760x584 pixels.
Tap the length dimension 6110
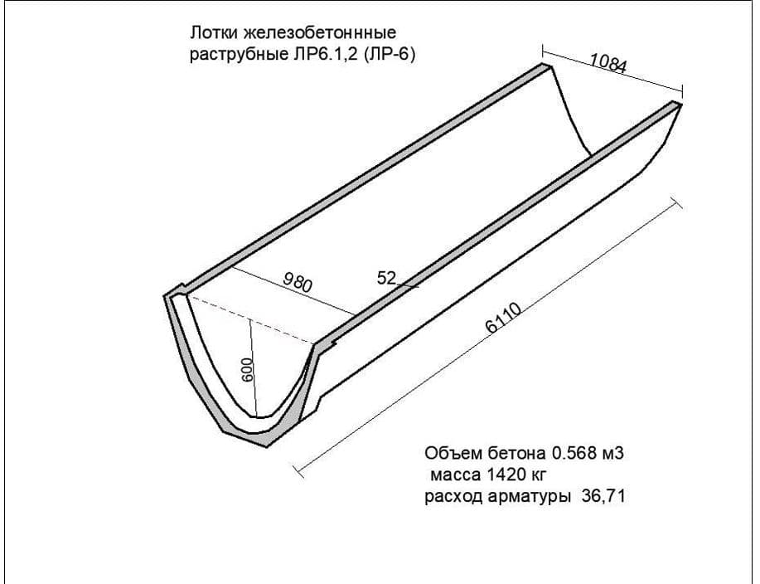coord(504,318)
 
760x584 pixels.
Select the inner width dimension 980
coord(298,282)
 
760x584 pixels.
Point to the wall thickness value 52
coord(387,278)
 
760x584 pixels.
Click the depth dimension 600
coord(247,370)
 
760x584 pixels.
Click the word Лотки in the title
coord(214,32)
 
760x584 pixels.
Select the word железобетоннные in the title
coord(320,32)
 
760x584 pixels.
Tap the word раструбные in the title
coord(238,55)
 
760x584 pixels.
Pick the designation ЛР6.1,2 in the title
coord(324,54)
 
